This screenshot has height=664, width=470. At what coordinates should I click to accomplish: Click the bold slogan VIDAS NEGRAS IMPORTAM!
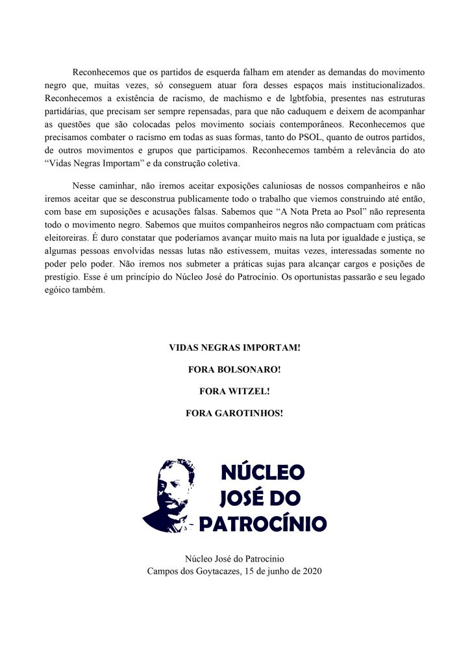click(x=234, y=348)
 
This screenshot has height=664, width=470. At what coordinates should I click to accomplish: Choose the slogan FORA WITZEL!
click(x=234, y=391)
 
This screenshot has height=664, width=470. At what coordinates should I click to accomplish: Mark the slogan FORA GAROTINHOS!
click(x=234, y=412)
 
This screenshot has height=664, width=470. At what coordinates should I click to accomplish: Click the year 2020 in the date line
click(x=311, y=571)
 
